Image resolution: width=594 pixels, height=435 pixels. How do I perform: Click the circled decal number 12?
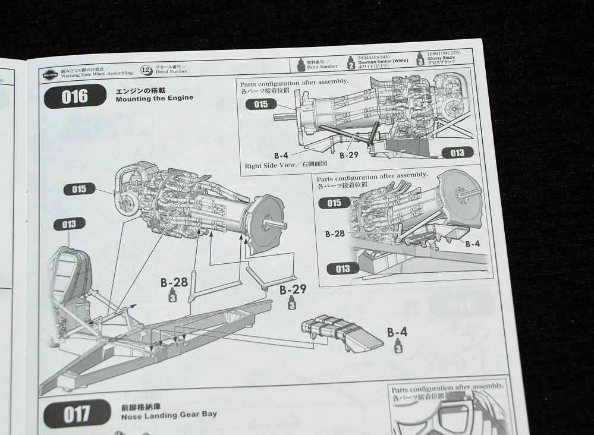coord(145,69)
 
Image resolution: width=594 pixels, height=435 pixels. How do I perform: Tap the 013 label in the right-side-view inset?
coord(457,153)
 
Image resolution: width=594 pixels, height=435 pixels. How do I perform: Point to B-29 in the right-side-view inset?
coord(350,155)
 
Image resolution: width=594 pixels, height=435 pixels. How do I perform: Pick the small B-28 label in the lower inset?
coord(335,234)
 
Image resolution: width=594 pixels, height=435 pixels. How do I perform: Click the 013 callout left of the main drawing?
coord(69,224)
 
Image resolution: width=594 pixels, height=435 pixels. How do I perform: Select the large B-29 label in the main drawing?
coord(293,289)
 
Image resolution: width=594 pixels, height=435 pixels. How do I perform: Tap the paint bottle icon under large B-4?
coord(397,346)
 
